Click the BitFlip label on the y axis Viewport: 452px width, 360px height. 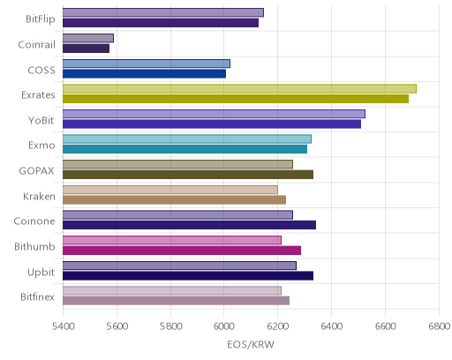coord(41,19)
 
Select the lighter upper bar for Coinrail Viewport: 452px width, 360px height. coord(88,38)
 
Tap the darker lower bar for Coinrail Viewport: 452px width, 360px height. coord(86,49)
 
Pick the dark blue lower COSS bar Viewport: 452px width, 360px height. coord(144,73)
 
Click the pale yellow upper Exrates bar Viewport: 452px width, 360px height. coord(239,88)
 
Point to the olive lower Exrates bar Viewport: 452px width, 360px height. coord(236,99)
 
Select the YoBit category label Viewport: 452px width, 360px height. coord(41,121)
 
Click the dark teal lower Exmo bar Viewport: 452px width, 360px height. coord(185,149)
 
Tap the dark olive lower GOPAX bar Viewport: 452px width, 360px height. coord(188,175)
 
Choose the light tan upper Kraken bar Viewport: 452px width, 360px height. coord(170,190)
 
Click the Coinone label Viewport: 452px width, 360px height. coord(34,221)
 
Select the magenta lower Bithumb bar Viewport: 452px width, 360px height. coord(182,251)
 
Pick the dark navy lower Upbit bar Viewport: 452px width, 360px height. coord(188,275)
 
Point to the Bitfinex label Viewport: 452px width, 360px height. coord(38,297)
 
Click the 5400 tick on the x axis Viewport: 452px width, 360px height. coord(63,326)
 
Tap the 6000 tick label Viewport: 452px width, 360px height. coord(224,326)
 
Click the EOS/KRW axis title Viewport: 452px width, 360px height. coord(251,344)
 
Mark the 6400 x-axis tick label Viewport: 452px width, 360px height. coord(331,326)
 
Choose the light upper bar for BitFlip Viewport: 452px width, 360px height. coord(163,12)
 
